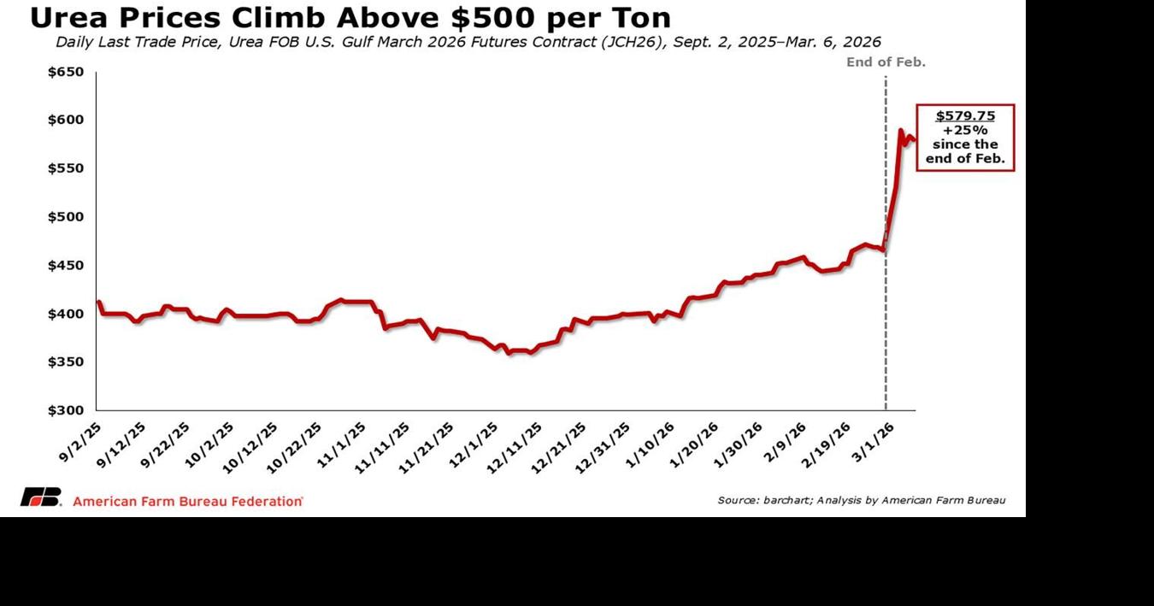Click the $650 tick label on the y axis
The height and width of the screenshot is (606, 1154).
65,73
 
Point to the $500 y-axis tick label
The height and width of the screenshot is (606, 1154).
65,217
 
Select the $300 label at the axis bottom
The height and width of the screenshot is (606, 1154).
65,411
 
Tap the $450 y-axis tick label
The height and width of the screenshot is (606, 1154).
65,266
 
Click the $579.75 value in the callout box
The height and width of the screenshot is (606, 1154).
965,115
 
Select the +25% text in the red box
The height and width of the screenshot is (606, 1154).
965,130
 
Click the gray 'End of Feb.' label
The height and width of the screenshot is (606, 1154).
886,62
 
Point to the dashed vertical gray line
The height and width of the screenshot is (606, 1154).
886,256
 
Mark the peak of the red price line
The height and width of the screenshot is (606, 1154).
900,130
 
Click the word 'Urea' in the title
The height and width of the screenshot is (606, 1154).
66,17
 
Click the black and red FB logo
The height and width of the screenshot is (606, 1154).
41,498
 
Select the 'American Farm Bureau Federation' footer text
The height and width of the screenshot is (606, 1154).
188,501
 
